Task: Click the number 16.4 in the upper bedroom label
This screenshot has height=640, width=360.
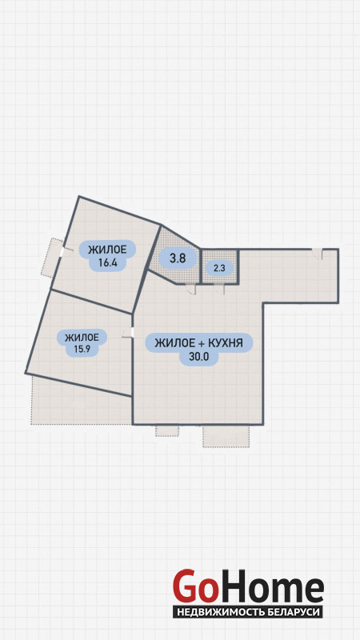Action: (x=108, y=263)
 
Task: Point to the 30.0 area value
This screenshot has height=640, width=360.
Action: (x=198, y=357)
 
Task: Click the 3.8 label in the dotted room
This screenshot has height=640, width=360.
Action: (x=178, y=258)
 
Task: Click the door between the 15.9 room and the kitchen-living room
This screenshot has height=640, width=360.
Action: (x=128, y=333)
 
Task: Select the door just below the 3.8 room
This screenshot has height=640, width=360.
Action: (x=191, y=289)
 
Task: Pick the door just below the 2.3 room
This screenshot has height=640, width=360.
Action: (x=219, y=289)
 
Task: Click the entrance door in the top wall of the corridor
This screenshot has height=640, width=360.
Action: (x=317, y=254)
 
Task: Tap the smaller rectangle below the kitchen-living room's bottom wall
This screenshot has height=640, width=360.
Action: (x=167, y=430)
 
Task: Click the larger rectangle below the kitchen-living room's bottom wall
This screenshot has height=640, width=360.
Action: (x=226, y=436)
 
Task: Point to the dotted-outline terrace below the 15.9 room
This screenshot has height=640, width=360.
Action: (x=82, y=401)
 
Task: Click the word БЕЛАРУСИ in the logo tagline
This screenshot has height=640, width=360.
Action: (x=291, y=612)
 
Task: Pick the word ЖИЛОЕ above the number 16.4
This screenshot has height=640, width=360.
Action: (x=107, y=249)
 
